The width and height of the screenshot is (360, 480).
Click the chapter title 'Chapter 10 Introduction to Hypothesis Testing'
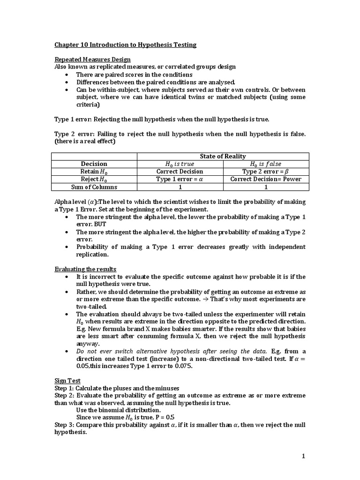pos(126,45)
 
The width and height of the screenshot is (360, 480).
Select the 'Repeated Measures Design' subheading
pos(92,60)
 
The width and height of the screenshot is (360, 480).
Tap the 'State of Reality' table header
pos(223,156)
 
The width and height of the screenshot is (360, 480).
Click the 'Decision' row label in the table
pos(94,164)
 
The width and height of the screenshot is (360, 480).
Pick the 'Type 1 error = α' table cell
pos(180,179)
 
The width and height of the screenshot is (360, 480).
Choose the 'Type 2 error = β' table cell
pos(266,172)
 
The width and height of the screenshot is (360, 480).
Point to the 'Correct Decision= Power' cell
pos(266,179)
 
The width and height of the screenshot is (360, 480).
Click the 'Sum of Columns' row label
pos(94,187)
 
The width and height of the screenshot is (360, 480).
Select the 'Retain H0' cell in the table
pos(94,172)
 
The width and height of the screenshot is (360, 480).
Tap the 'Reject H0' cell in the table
pos(94,179)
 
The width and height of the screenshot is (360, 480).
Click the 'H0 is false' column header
pos(266,164)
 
